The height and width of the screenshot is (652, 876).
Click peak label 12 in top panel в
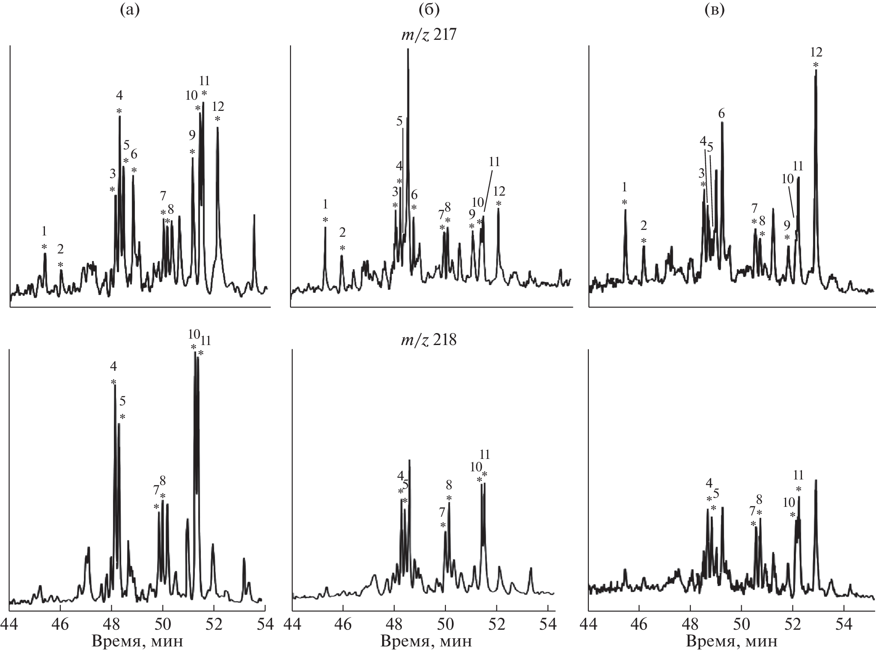click(x=816, y=52)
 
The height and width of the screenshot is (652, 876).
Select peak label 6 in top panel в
click(x=722, y=113)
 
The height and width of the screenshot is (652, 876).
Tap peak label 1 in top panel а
click(x=44, y=231)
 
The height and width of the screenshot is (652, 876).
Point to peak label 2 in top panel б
click(x=342, y=232)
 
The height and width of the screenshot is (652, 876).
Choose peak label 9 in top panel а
click(x=192, y=135)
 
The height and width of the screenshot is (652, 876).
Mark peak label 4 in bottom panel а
click(x=113, y=366)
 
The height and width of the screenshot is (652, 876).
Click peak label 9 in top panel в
click(x=787, y=224)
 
